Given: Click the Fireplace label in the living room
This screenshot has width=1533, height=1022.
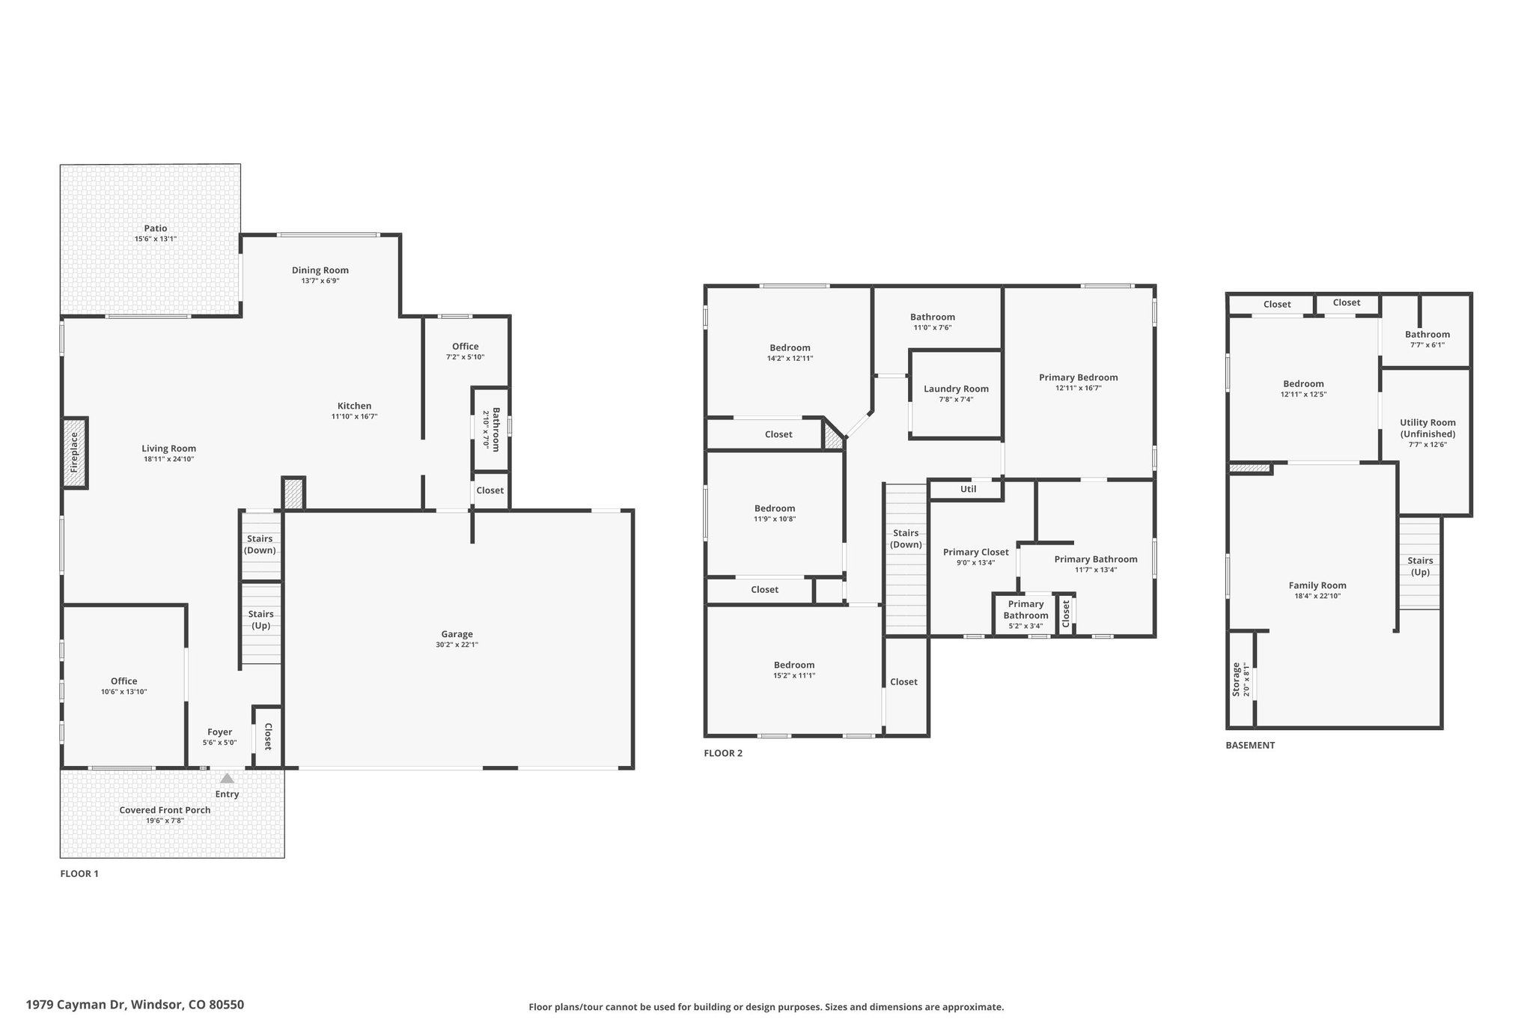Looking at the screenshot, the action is pos(74,452).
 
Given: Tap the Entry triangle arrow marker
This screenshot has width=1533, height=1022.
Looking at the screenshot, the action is pos(227,779).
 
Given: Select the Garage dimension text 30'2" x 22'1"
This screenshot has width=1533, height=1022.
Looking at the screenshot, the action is pos(457,645).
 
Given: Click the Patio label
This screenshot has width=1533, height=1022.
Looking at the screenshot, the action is pos(156,228).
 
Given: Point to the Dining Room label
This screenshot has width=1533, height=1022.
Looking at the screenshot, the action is pos(320,270).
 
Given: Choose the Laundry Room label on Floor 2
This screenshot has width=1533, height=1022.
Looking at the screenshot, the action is pos(956,389).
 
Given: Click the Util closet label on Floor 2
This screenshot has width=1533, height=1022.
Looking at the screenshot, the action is pos(969,490).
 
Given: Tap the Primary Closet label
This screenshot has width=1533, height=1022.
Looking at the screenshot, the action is pos(976,553).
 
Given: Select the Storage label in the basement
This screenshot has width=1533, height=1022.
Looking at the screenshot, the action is pos(1236,679).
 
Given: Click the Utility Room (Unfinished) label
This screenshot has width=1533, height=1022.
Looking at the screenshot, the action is pos(1427,428).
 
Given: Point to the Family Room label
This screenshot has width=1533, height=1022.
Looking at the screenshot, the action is pos(1317,585).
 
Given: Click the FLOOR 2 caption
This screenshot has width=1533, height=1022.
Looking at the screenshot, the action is pos(723,753).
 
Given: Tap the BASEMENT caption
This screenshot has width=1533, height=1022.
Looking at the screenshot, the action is pos(1250,745).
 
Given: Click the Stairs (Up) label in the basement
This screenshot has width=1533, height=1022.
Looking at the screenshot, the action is pos(1420,566).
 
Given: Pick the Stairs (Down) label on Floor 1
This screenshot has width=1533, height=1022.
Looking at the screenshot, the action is pos(260,544).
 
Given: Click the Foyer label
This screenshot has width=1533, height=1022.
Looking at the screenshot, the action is pos(219,732).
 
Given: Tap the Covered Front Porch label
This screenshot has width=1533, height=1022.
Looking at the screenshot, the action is pos(165,810).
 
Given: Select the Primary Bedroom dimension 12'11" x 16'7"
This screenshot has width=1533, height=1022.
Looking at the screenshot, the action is pos(1078,388).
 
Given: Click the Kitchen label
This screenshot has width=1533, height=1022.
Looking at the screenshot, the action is pos(354,407).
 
